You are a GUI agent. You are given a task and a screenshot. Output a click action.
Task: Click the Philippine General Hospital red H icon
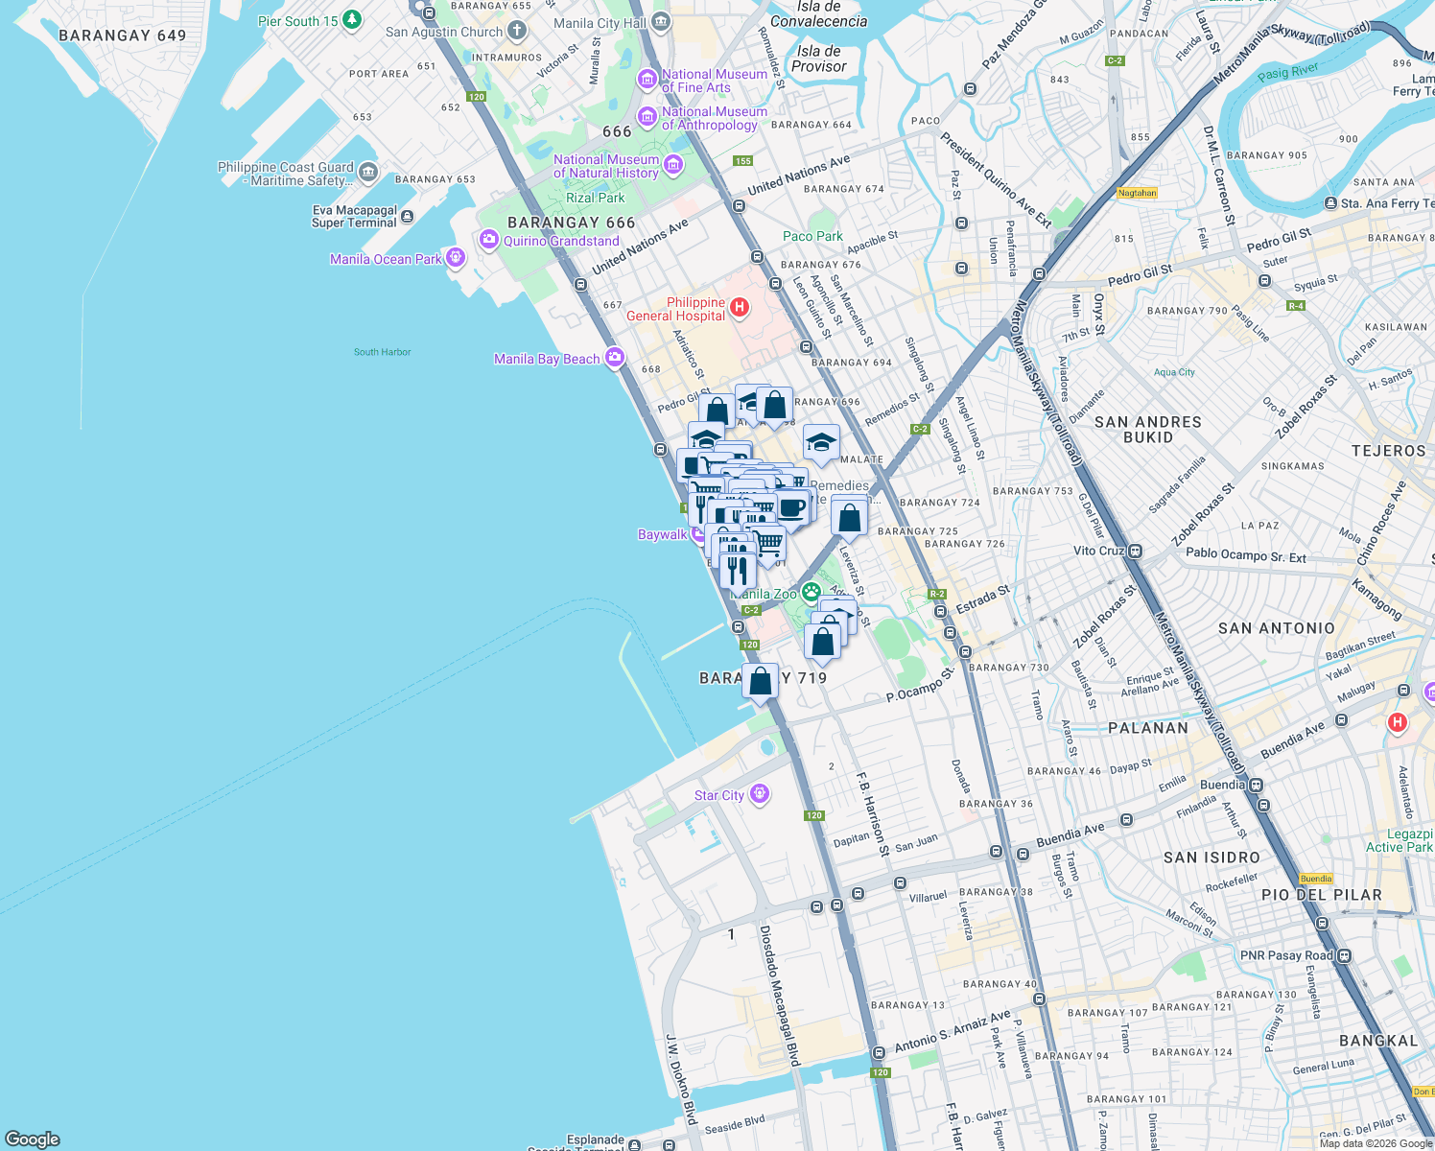(739, 308)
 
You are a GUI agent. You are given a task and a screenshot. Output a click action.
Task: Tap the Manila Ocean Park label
(386, 259)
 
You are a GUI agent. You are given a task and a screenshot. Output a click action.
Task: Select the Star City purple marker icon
(760, 794)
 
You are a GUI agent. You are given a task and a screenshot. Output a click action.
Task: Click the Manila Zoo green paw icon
(812, 593)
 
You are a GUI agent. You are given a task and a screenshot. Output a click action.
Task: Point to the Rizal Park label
(595, 198)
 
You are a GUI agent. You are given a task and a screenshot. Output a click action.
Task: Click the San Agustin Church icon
(516, 31)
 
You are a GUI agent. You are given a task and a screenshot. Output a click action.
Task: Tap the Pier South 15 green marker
(352, 20)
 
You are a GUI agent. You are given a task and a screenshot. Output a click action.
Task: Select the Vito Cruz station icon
(1135, 552)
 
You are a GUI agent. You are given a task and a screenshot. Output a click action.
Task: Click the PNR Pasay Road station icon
(1344, 955)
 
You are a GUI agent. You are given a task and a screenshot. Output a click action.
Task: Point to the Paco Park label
(812, 236)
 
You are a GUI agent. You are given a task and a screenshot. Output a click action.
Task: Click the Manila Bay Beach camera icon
(614, 358)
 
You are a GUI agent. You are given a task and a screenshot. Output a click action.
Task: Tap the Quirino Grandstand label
(561, 241)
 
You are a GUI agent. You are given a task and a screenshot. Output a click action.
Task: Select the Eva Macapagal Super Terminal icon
(407, 217)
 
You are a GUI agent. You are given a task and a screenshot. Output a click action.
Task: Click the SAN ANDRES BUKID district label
(1147, 429)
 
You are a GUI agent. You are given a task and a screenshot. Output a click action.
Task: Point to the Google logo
(33, 1139)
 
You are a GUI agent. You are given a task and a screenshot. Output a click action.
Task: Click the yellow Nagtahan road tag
(1137, 193)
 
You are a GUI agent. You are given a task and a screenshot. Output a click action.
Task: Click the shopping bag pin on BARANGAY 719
(760, 682)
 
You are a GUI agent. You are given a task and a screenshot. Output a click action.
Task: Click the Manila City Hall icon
(660, 22)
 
